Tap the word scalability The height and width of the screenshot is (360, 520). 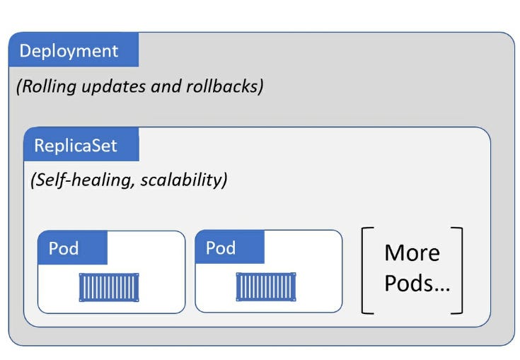coord(182,180)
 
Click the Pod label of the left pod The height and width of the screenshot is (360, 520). coord(64,248)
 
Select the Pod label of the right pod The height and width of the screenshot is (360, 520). coord(221,248)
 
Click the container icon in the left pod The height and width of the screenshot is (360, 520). coord(109,287)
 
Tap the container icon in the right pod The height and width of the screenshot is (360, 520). coord(265,287)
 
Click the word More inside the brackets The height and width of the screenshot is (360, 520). coord(412,253)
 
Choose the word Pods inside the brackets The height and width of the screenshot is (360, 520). coord(407,285)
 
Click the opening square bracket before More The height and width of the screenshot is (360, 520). coord(366,270)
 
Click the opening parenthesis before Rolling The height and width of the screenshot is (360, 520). coord(18,87)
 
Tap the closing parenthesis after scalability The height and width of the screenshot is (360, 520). coord(224,180)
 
